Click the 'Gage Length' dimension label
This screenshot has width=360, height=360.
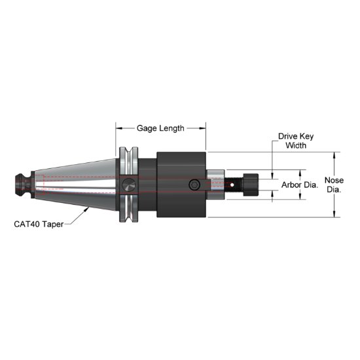click(160, 128)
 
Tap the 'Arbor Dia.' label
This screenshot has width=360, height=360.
click(299, 185)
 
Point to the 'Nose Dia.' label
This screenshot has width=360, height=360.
click(334, 185)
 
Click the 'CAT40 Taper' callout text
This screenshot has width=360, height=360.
click(39, 223)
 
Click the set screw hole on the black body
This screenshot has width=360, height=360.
click(194, 186)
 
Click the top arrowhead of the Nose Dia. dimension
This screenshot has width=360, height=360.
click(334, 155)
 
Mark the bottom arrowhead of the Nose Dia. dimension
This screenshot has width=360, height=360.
click(334, 215)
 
